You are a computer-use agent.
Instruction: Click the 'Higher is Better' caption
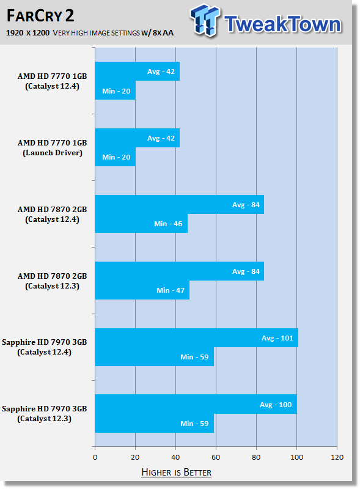tap(176, 472)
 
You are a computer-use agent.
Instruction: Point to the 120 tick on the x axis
tap(336, 457)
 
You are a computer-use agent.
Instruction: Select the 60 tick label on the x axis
tap(216, 457)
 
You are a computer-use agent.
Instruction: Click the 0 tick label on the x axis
tap(95, 457)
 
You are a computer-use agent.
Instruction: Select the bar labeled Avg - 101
tap(196, 338)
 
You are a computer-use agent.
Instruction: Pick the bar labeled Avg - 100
tap(196, 405)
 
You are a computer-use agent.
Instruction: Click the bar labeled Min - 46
tap(141, 224)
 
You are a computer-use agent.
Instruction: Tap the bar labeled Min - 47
tap(142, 290)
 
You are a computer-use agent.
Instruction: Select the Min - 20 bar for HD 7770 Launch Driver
tap(115, 157)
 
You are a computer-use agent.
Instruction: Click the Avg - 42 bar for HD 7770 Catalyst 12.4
tap(137, 72)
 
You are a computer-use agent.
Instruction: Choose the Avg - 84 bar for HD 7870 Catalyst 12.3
tap(179, 271)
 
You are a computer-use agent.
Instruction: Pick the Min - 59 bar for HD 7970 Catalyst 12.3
tap(154, 423)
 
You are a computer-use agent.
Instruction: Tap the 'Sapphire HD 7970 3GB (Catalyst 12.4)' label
tap(45, 347)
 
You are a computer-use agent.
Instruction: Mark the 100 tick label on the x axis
tap(296, 457)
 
